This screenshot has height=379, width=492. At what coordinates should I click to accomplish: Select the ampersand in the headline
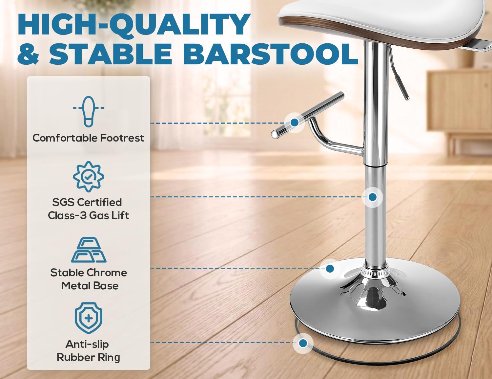point(28,53)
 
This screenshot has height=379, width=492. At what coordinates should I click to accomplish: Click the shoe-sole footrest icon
point(89,111)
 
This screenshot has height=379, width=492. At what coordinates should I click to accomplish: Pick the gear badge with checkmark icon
point(89,176)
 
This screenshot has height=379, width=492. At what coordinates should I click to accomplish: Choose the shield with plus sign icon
point(89,318)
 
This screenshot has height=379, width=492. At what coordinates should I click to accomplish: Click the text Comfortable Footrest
point(88,138)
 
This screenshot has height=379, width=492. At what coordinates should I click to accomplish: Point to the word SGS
point(63,202)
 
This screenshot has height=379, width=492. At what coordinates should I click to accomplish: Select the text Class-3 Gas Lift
point(88,215)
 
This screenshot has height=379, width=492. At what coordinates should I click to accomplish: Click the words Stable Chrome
point(89,273)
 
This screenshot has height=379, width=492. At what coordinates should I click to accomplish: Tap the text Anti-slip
point(87,344)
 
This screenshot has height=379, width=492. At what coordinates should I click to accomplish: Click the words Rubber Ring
point(88,357)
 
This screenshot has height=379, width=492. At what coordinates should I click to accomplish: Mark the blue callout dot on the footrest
point(294,123)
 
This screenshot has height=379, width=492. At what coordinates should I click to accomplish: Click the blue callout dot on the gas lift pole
point(372,197)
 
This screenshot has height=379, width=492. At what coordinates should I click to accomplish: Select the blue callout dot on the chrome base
point(330,269)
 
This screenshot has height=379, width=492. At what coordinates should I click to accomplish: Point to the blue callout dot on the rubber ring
point(303,343)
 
